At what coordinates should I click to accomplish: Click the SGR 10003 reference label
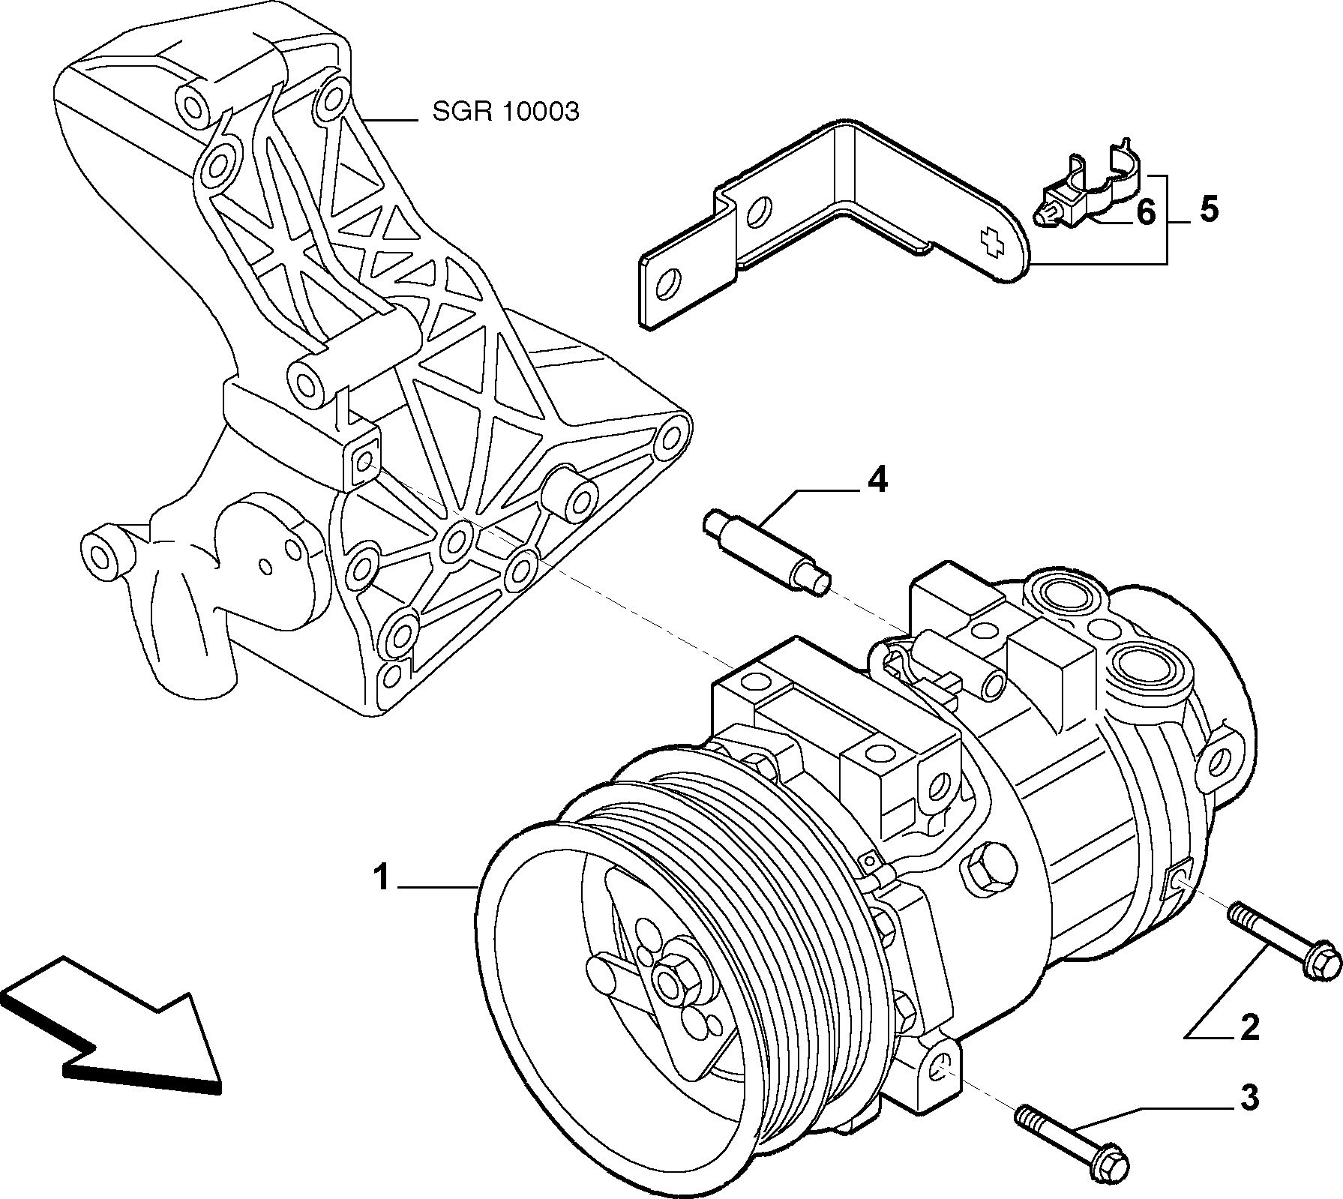505,112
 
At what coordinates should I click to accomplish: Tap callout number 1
382,877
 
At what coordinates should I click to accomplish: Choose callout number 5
1208,209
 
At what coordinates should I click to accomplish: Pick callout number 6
1146,213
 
